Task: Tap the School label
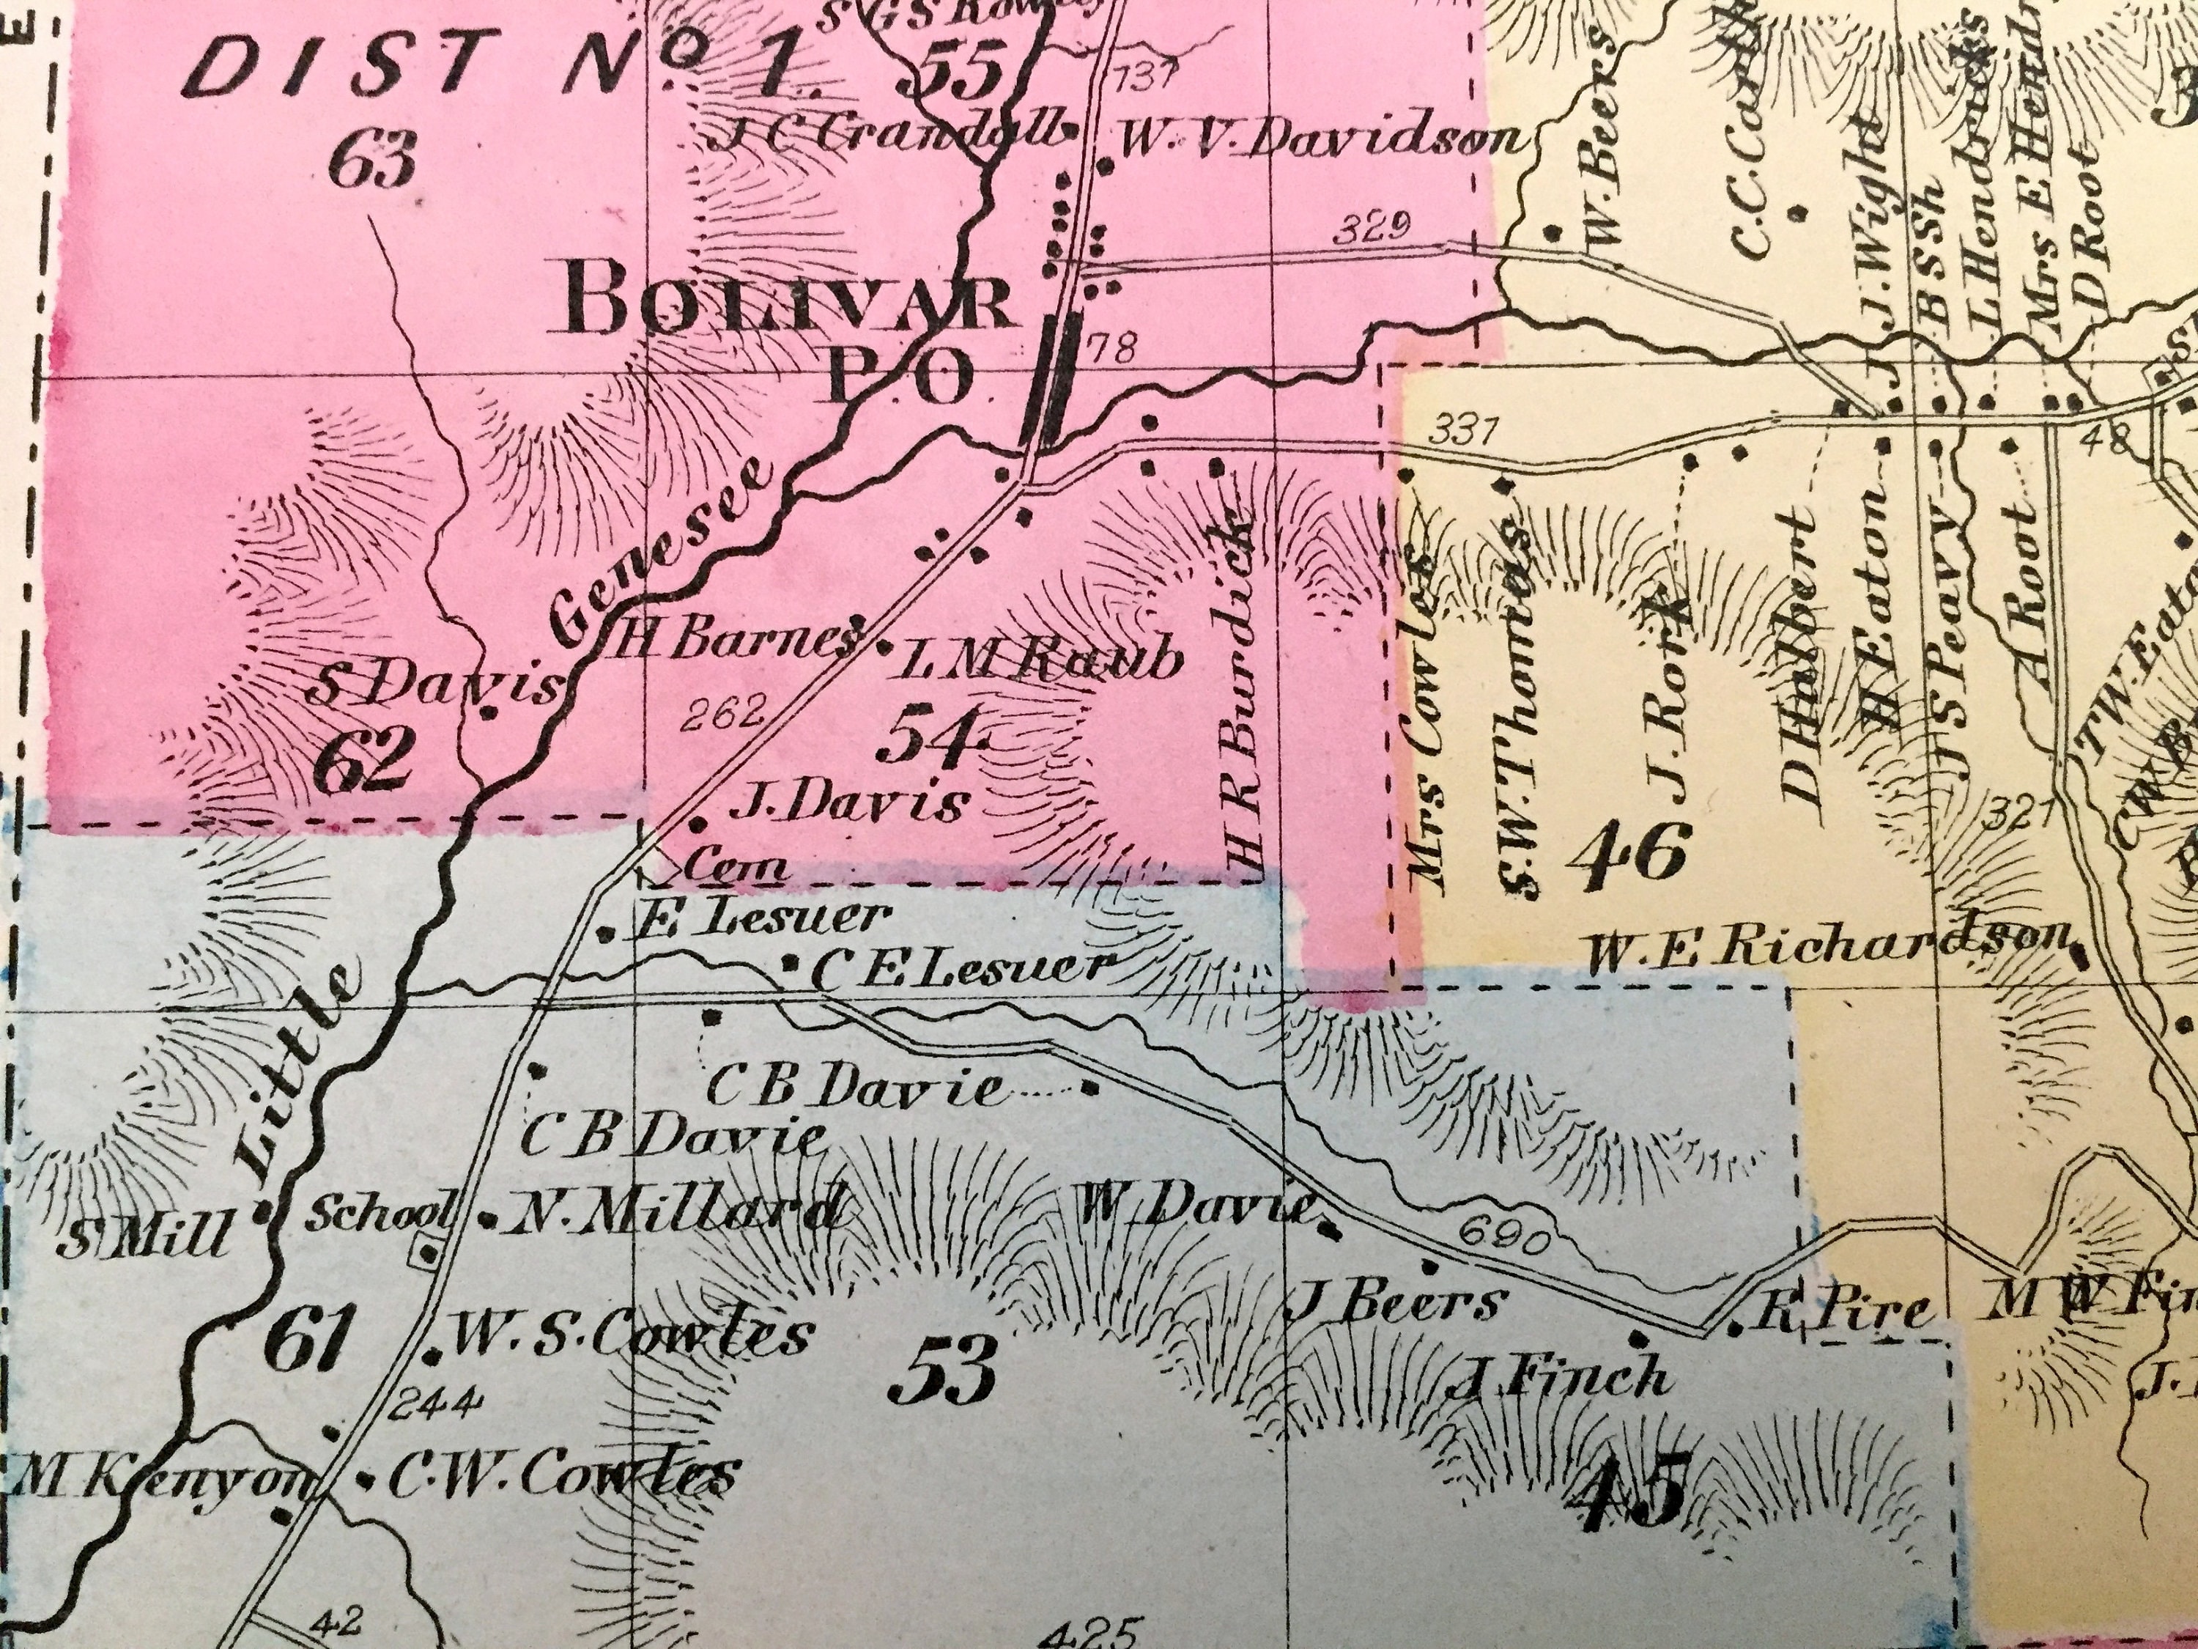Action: (377, 1213)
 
